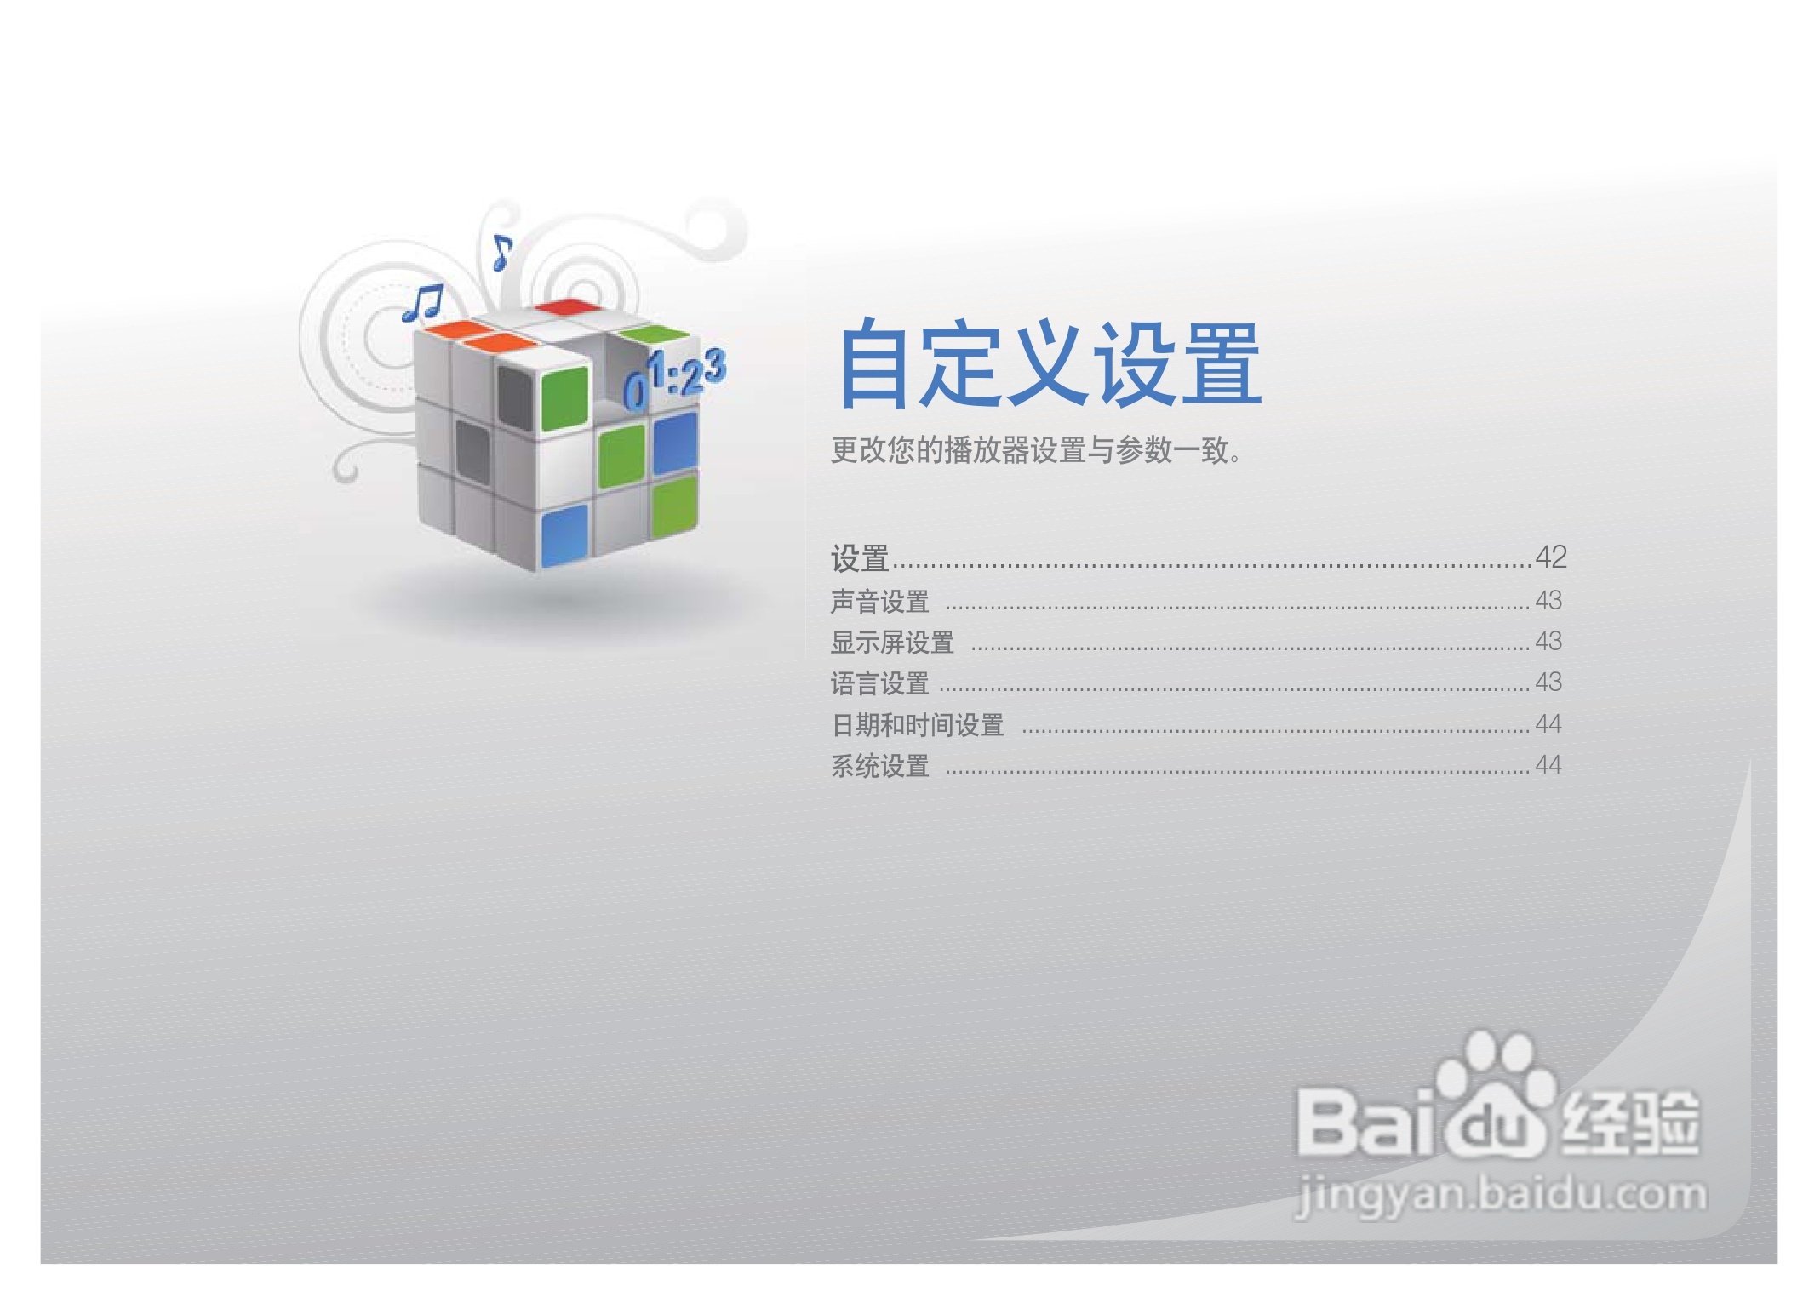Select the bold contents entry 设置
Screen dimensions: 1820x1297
click(x=860, y=558)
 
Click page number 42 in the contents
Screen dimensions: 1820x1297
click(x=1551, y=557)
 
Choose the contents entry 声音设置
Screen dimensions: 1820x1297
click(x=879, y=602)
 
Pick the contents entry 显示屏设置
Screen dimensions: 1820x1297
click(x=892, y=643)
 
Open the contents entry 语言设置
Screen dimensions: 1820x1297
click(x=879, y=683)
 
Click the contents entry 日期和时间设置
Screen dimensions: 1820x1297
click(x=917, y=725)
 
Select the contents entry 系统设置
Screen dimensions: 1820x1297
click(x=879, y=766)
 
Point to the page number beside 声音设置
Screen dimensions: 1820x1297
click(x=1548, y=601)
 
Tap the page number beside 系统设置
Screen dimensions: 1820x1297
click(x=1548, y=765)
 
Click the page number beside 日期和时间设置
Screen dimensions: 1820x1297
click(x=1548, y=724)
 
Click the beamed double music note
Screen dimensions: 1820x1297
click(x=423, y=303)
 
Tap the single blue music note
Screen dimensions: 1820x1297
click(x=502, y=253)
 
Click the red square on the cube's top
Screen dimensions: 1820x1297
click(x=563, y=307)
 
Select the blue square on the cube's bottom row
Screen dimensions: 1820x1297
click(x=564, y=535)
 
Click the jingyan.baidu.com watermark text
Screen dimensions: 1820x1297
click(x=1500, y=1197)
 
